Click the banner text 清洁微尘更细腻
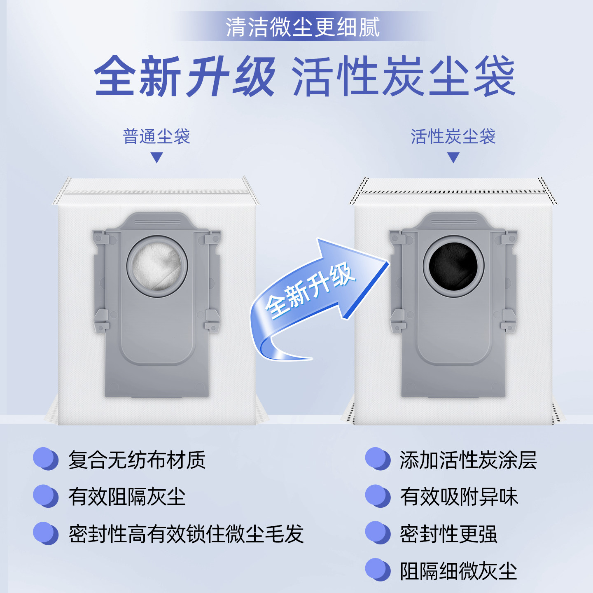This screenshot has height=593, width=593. [303, 27]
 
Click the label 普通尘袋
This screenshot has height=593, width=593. [156, 136]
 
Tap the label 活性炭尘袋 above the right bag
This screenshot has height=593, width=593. [453, 136]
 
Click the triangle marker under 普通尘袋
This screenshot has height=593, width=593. [157, 157]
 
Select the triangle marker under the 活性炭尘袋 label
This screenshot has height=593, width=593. [453, 157]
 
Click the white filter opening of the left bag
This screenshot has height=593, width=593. [157, 266]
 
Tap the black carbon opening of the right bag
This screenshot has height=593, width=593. [453, 266]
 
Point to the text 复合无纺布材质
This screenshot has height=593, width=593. [137, 460]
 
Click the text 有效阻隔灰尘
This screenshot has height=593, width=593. [127, 497]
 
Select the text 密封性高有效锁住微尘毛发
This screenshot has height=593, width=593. [186, 534]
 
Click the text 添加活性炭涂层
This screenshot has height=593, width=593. [468, 460]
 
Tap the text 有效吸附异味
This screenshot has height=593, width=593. [459, 497]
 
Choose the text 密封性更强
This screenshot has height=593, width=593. [448, 534]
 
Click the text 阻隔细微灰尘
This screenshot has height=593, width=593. [458, 571]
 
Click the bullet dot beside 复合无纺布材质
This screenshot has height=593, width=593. [45, 459]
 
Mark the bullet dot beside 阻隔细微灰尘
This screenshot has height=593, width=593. [377, 570]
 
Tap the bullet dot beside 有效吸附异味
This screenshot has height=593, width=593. [377, 496]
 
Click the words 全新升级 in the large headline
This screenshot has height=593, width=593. [184, 77]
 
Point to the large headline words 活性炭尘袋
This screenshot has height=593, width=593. [404, 77]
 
